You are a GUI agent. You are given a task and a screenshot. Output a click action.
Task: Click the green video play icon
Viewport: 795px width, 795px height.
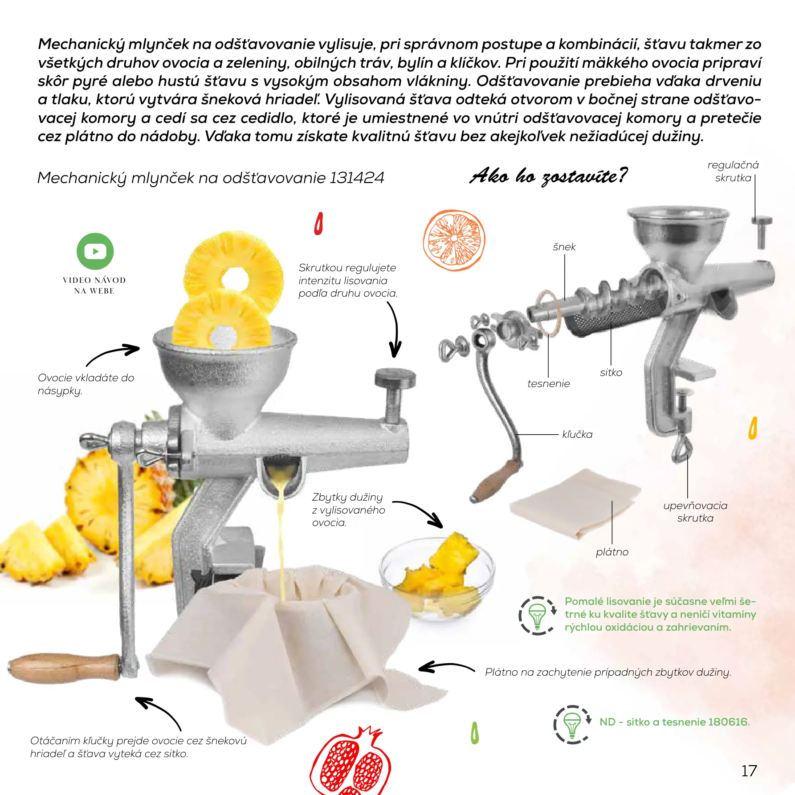pos(95,251)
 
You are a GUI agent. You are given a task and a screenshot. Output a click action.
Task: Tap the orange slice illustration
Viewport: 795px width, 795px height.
pos(454,241)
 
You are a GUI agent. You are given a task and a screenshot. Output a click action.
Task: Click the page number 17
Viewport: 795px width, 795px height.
pos(749,771)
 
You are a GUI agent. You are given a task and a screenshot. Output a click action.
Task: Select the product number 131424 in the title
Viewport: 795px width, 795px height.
pos(356,178)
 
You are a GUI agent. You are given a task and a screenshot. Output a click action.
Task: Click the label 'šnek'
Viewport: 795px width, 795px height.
pos(564,247)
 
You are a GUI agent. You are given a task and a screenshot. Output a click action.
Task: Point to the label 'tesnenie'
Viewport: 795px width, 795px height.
pos(548,383)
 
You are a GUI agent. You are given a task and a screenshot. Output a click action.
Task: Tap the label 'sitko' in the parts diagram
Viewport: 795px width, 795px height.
pos(611,372)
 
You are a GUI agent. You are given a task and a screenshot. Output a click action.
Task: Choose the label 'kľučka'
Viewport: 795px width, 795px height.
pos(577,434)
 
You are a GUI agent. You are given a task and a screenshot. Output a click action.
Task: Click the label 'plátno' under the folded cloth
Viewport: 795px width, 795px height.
pos(612,552)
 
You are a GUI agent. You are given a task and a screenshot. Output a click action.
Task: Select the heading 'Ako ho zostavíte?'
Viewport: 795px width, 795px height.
pos(549,176)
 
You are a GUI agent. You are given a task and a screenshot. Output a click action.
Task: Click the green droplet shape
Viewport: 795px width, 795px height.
pos(475,733)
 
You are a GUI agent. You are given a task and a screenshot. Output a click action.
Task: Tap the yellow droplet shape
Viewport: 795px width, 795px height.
pos(753,428)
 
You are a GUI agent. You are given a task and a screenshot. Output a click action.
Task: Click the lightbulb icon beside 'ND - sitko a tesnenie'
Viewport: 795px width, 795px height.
pos(572,725)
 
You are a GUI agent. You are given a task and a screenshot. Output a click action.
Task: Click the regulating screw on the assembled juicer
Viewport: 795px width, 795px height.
pos(395,394)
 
